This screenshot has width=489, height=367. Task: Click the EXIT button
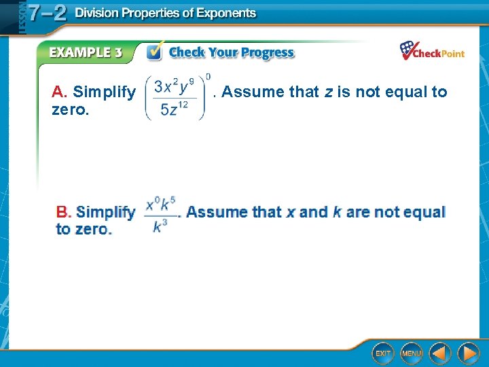(383, 353)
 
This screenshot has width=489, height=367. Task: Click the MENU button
(411, 353)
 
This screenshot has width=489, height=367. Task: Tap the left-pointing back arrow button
(440, 353)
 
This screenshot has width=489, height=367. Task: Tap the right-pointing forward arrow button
(468, 353)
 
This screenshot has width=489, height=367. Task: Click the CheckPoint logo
(432, 51)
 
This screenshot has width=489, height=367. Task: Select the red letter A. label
(59, 92)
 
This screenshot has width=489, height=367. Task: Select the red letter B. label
(63, 212)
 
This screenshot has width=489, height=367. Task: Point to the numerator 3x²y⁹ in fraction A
(175, 87)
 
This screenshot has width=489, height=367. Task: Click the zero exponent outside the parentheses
(208, 76)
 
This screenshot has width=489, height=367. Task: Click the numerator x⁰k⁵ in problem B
(160, 203)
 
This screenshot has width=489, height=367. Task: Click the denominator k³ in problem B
(160, 225)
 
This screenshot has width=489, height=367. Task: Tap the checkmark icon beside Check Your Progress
(155, 52)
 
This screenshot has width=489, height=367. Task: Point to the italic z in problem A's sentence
(328, 92)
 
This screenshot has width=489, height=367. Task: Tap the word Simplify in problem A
(104, 92)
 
